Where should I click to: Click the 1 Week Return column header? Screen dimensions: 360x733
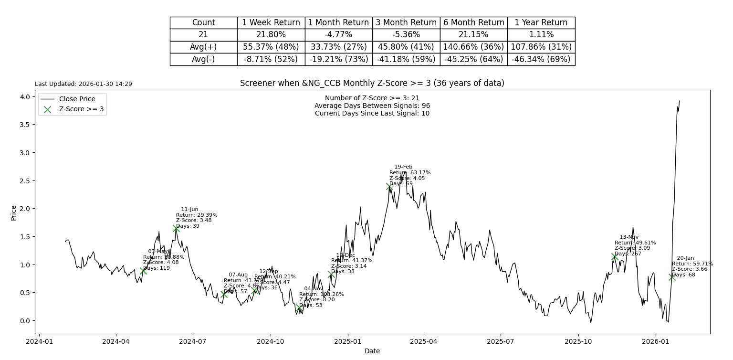271,22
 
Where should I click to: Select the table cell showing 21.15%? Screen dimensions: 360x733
473,35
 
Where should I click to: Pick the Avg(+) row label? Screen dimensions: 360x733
203,47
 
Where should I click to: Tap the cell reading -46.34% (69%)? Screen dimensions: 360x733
541,59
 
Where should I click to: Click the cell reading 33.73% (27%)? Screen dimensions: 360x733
338,47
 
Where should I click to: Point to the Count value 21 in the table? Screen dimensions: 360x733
203,35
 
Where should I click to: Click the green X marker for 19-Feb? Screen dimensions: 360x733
389,187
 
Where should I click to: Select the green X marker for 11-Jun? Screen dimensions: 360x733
176,229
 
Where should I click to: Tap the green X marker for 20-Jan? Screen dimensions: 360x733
672,277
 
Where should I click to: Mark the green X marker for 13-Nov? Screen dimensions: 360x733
615,257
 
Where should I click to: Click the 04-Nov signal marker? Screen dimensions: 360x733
299,308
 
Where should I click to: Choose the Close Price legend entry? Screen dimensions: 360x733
77,99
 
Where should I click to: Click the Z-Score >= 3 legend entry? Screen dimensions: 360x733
81,109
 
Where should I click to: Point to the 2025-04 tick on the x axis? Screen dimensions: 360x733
423,341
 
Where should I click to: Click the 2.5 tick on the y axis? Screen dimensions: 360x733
24,180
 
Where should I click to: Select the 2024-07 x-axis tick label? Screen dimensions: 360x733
193,341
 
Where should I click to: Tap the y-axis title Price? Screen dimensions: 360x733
13,212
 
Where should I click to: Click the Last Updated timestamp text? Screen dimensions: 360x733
84,84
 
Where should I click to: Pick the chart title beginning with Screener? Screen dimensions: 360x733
372,83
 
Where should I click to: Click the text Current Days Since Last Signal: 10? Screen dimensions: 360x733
372,113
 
